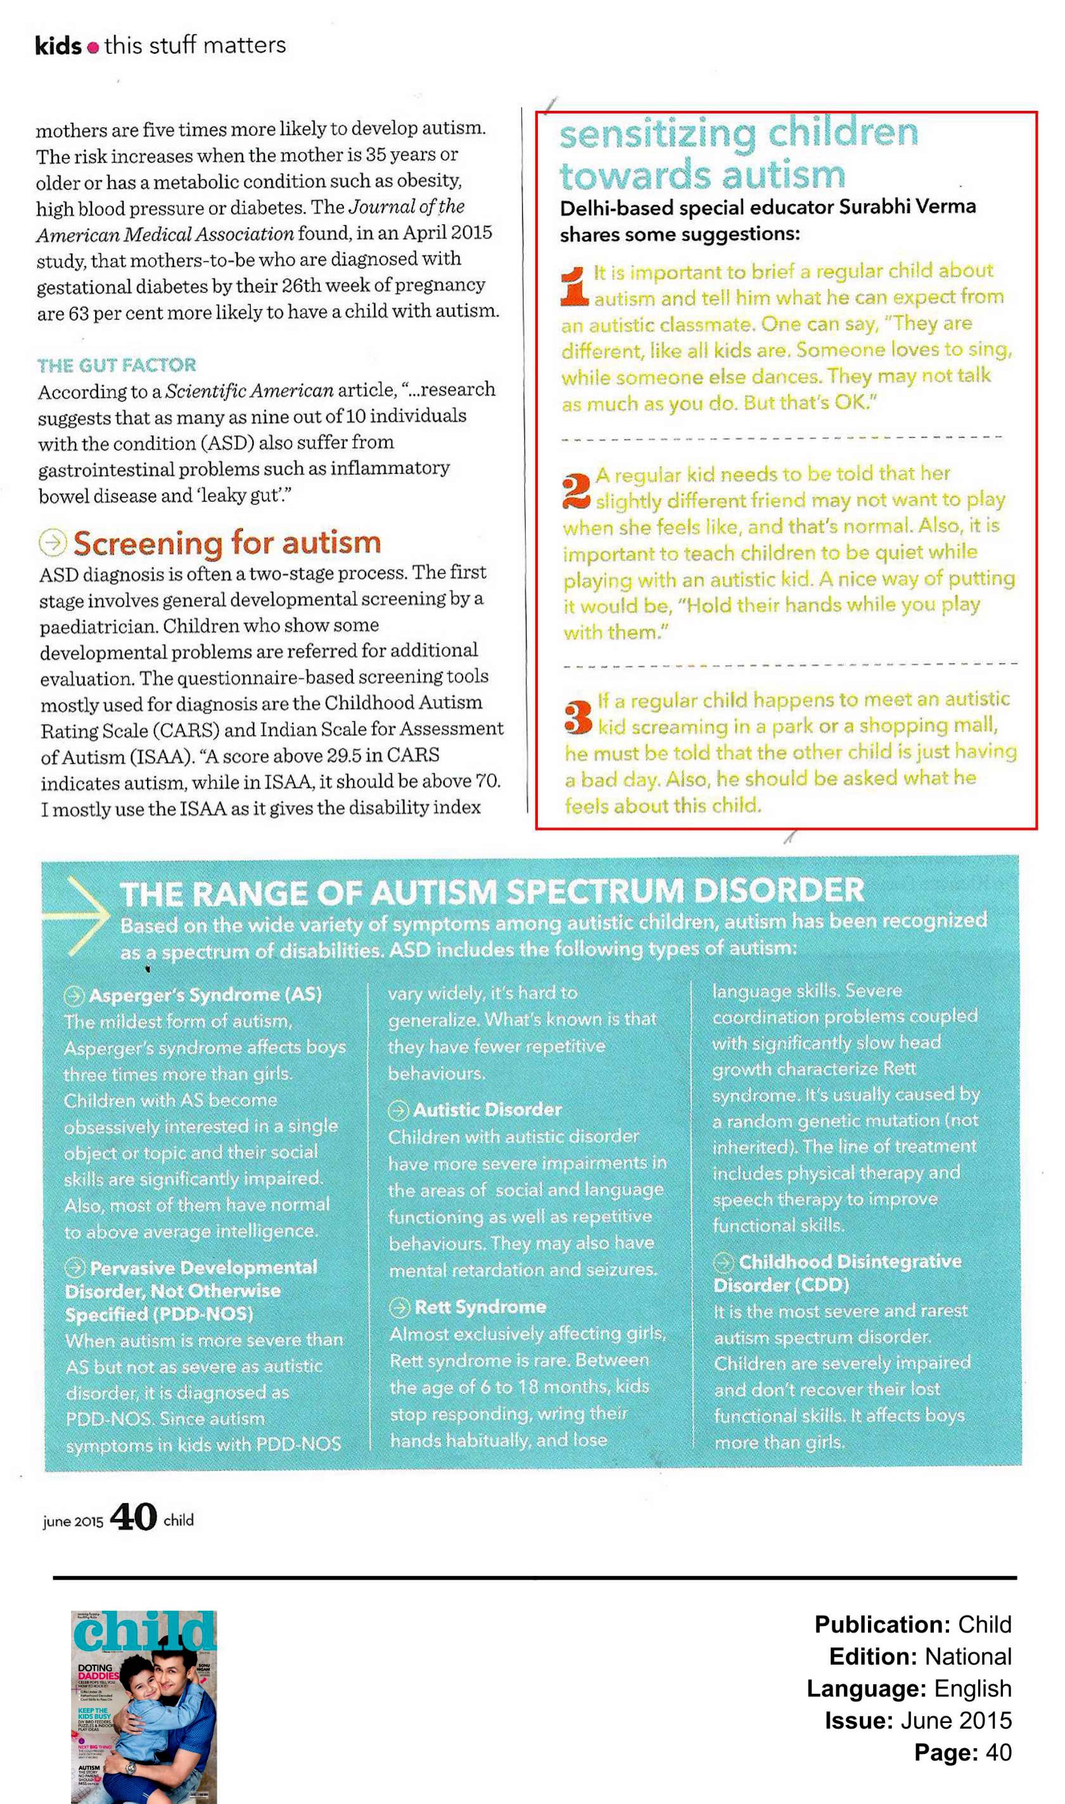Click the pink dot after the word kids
(92, 48)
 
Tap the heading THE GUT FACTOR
(117, 365)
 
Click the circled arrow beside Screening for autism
(53, 543)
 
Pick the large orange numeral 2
(577, 490)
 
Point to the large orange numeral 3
(578, 716)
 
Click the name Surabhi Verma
(907, 206)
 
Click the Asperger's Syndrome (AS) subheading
(205, 995)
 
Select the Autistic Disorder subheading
(487, 1110)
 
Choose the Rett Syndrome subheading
(480, 1307)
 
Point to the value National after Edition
(967, 1656)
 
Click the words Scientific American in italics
(249, 391)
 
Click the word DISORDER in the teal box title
(779, 891)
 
